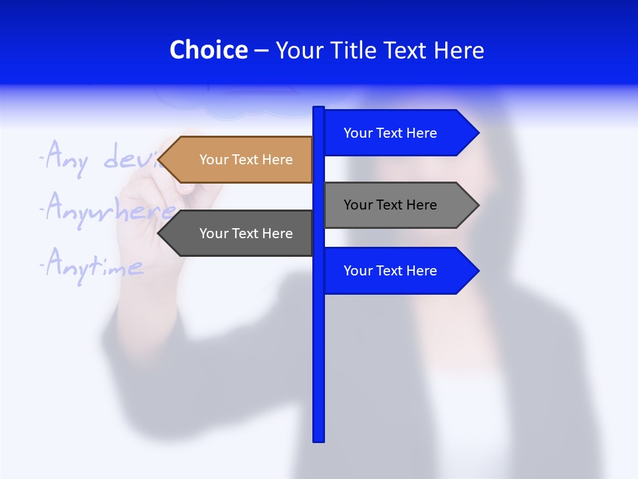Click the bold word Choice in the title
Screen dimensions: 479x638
pos(208,51)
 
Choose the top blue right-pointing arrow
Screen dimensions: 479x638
pos(399,133)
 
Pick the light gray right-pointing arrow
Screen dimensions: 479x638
pos(399,205)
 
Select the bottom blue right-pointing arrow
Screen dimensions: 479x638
pos(399,271)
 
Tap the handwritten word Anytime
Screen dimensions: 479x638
pos(93,266)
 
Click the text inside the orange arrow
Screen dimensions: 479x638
pos(246,160)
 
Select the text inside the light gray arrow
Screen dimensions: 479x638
pos(390,205)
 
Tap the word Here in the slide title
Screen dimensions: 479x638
pos(459,51)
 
